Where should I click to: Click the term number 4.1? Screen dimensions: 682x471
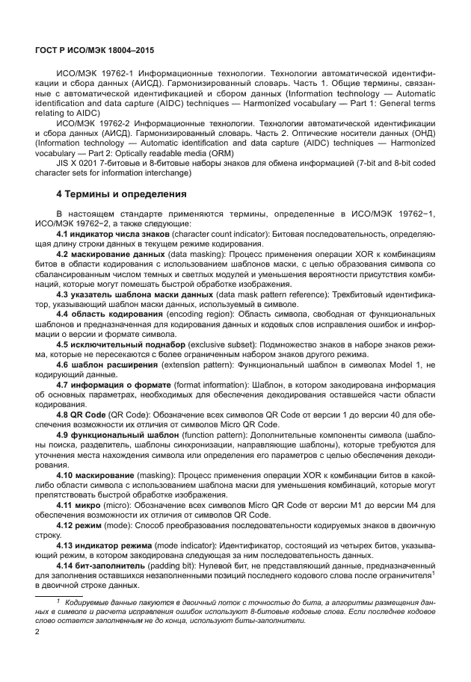[64, 234]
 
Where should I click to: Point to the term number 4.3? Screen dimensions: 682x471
[64, 294]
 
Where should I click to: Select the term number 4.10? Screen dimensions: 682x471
[67, 475]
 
